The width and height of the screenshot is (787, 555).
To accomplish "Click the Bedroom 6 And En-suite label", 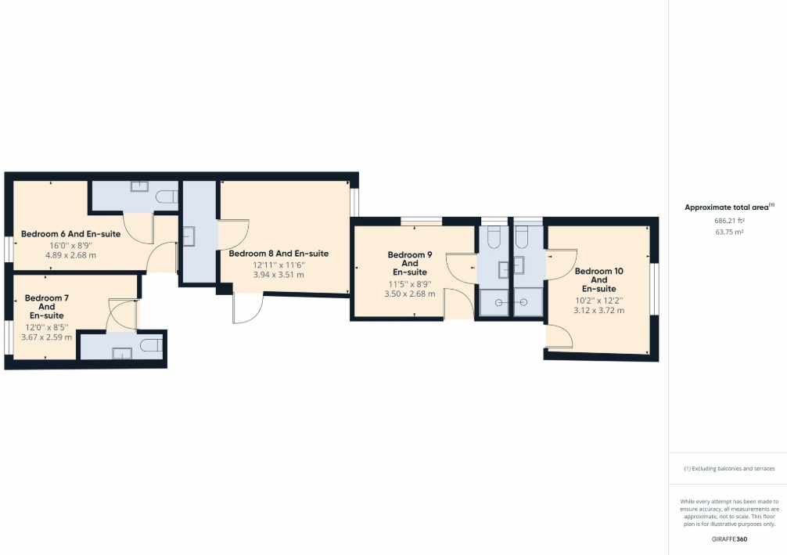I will [x=70, y=233].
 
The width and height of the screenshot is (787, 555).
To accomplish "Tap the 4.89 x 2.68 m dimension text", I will [x=70, y=255].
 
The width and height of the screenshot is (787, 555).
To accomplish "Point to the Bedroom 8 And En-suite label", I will [x=279, y=254].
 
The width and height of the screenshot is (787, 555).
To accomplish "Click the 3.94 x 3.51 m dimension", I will [x=279, y=276].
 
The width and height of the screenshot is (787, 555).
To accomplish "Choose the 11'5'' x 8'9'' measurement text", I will [x=410, y=283].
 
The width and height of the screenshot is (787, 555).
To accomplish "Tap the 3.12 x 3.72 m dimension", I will [x=598, y=310].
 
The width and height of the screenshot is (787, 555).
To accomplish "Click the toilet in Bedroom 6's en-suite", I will [x=167, y=196].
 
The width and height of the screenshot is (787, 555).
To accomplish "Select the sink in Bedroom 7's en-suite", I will [x=123, y=352].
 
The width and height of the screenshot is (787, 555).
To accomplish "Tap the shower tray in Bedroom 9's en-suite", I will [x=494, y=301].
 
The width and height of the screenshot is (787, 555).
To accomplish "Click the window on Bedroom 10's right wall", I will [x=655, y=290].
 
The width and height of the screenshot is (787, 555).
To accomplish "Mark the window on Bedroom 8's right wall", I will [x=354, y=202].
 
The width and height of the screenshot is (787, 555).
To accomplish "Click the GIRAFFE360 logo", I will [x=728, y=540].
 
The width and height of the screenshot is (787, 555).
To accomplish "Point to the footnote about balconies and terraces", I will [x=729, y=468].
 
